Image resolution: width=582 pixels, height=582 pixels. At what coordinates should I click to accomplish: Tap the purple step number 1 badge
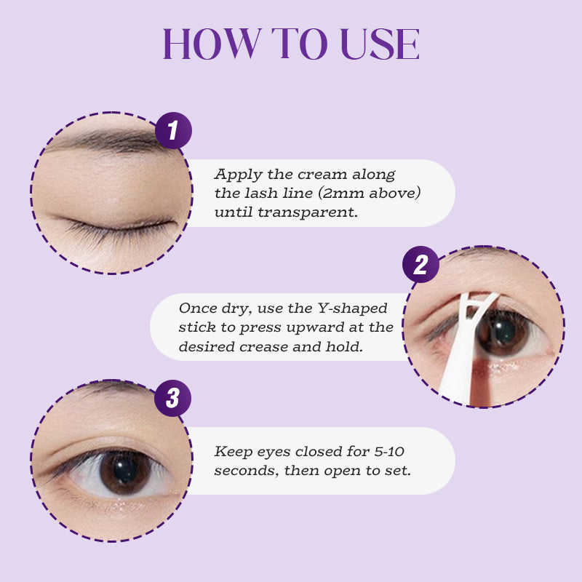tap(173, 132)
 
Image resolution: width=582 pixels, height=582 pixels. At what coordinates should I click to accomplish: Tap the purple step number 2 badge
tap(420, 265)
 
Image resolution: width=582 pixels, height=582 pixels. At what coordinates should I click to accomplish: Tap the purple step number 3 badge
tap(173, 398)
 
